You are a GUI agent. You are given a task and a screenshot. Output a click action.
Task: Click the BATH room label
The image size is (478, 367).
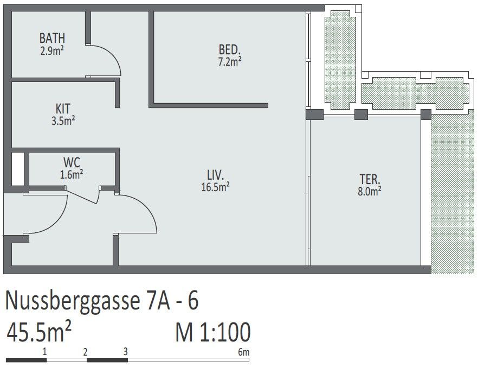pyautogui.click(x=52, y=38)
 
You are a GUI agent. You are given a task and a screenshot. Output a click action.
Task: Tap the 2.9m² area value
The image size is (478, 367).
pyautogui.click(x=52, y=50)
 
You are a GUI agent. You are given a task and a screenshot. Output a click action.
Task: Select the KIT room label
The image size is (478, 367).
pyautogui.click(x=63, y=109)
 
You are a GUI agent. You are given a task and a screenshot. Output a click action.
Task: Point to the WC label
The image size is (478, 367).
pyautogui.click(x=72, y=162)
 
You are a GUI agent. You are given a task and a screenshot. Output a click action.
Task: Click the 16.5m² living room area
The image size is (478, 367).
pyautogui.click(x=215, y=187)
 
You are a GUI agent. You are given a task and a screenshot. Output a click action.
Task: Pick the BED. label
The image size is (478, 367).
pyautogui.click(x=230, y=49)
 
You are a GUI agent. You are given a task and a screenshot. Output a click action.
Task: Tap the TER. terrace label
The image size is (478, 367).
pyautogui.click(x=370, y=179)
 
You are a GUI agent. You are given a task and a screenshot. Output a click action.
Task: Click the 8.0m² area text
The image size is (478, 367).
pyautogui.click(x=370, y=191)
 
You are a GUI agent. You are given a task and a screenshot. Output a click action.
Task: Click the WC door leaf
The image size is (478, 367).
pyautogui.click(x=82, y=197)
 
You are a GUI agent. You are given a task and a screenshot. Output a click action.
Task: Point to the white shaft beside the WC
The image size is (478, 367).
pyautogui.click(x=18, y=168)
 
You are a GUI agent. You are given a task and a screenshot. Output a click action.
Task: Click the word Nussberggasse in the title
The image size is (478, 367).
pyautogui.click(x=72, y=301)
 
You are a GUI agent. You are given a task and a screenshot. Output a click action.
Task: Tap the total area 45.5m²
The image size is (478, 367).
pyautogui.click(x=39, y=332)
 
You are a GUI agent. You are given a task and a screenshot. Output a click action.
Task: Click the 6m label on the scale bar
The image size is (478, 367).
pyautogui.click(x=243, y=352)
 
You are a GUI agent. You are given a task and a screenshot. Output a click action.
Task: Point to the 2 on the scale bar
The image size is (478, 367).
pyautogui.click(x=86, y=352)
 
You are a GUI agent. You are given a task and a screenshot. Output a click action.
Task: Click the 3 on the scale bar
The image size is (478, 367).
pyautogui.click(x=125, y=352)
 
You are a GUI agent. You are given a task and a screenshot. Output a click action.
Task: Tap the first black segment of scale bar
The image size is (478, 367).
pyautogui.click(x=26, y=360)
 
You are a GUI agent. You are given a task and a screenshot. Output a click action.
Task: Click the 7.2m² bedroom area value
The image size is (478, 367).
pyautogui.click(x=230, y=62)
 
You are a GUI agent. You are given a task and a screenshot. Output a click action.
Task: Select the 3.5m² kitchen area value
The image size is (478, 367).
pyautogui.click(x=63, y=121)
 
